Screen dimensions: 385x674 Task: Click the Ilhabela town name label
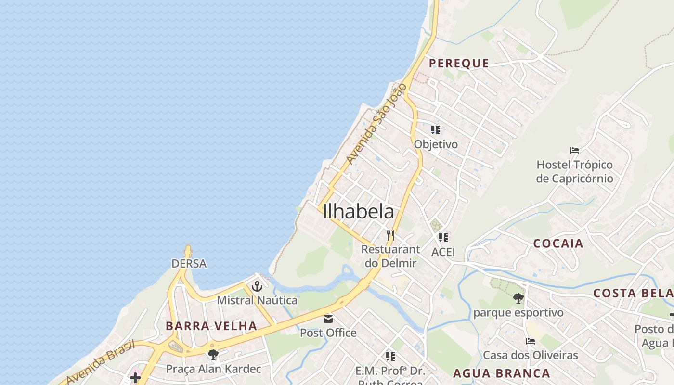click(x=359, y=212)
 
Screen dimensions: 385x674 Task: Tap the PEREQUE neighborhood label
click(x=459, y=63)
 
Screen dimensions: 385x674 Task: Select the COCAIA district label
click(x=558, y=244)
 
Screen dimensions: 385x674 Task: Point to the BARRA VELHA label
click(x=211, y=326)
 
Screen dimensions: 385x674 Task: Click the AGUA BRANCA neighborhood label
click(x=502, y=373)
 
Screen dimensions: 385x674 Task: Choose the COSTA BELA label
click(x=633, y=293)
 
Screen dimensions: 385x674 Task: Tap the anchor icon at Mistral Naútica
click(x=257, y=286)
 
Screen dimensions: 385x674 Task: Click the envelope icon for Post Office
click(x=328, y=319)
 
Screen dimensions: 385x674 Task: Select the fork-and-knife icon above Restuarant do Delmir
click(x=390, y=235)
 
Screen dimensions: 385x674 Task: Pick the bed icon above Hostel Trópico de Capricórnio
click(x=574, y=151)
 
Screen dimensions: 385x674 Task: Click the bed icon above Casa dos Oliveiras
click(x=531, y=341)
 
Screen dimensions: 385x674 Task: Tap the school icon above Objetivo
click(x=436, y=129)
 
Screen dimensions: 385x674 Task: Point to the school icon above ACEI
click(x=443, y=237)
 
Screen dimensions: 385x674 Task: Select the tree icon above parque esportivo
click(x=518, y=298)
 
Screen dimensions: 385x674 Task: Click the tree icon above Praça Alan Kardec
click(x=213, y=355)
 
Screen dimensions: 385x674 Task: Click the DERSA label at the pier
click(x=189, y=264)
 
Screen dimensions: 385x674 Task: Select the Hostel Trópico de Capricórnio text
click(x=574, y=172)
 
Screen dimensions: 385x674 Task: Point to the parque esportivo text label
click(x=518, y=313)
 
